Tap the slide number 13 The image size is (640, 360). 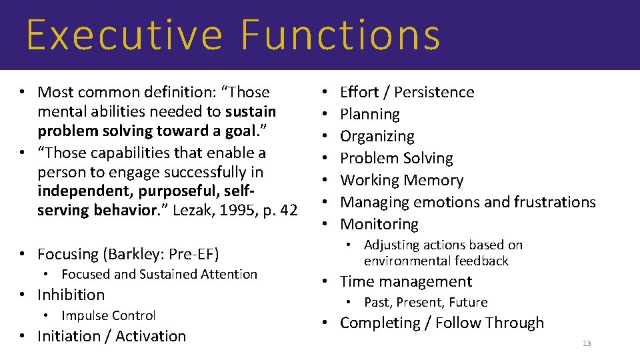tap(587, 343)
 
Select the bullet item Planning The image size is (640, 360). tap(370, 115)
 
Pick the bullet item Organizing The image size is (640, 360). tap(377, 137)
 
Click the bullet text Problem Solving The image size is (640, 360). tap(397, 159)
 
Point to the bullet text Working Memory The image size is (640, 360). tap(401, 181)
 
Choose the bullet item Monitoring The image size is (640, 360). tap(379, 225)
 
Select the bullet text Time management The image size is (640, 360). tap(406, 282)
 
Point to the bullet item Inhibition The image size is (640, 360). tap(71, 295)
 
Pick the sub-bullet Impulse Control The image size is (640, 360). tap(108, 316)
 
